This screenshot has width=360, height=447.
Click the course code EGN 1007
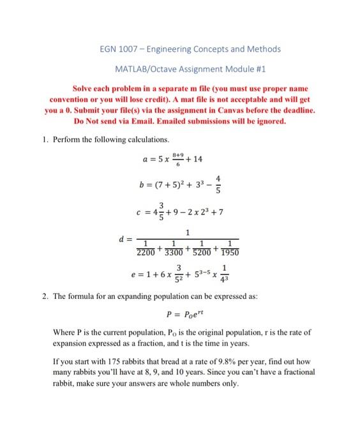[119, 49]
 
